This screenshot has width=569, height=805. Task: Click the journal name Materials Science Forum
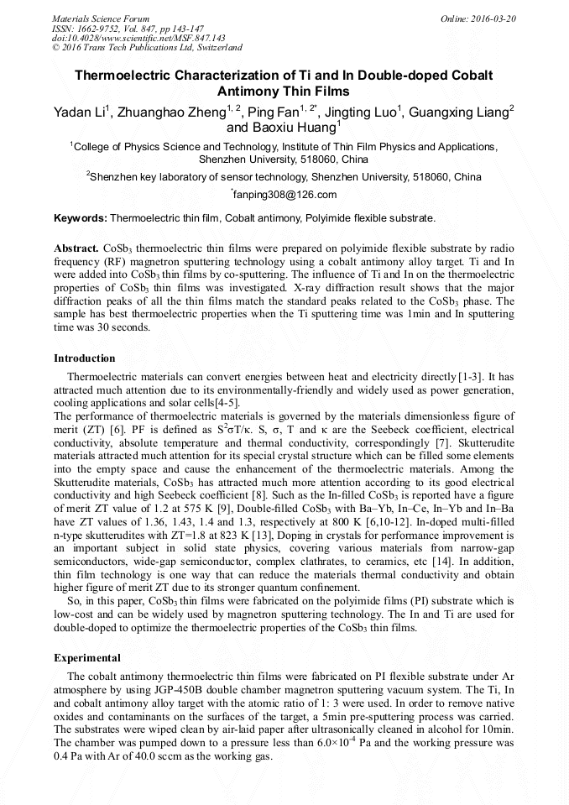(x=101, y=18)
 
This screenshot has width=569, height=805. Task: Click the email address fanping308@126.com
(x=285, y=195)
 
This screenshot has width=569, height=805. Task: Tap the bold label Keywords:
(x=81, y=218)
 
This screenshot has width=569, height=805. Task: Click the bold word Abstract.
(x=76, y=250)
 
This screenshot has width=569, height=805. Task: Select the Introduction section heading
(x=85, y=358)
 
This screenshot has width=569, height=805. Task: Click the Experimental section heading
(x=87, y=657)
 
